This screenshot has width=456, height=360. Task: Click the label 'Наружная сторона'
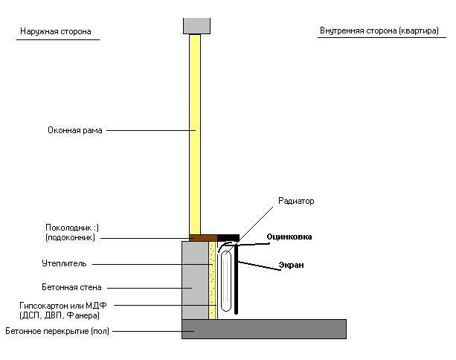tap(56, 32)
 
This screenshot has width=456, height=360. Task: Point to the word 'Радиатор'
tap(296, 201)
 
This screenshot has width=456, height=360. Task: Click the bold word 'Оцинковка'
tap(289, 237)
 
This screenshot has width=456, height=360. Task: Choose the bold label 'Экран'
tap(291, 265)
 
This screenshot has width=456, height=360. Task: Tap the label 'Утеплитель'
tap(65, 263)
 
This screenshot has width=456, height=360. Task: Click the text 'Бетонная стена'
tap(72, 287)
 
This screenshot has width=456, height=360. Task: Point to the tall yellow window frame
tap(195, 134)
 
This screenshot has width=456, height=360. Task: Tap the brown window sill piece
tap(202, 238)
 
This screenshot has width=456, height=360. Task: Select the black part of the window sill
tap(228, 238)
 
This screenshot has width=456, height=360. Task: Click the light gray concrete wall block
tap(195, 280)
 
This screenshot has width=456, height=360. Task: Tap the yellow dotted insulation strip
tap(212, 280)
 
